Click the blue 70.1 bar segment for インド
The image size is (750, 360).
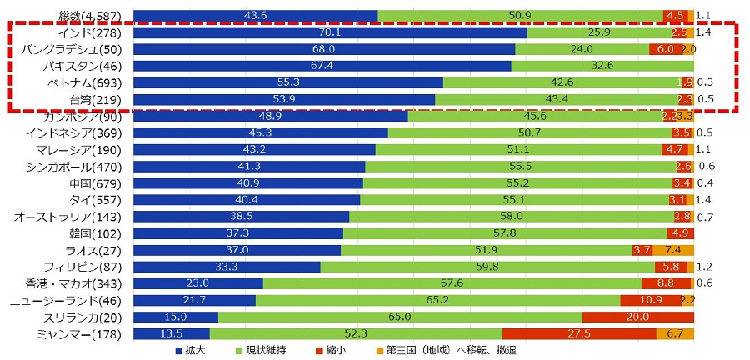(x=330, y=32)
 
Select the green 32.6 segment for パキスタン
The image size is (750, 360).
(x=602, y=66)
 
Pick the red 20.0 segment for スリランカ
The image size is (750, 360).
(x=637, y=317)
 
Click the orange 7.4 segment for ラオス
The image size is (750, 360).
(x=673, y=250)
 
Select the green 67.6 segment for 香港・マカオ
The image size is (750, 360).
(x=452, y=283)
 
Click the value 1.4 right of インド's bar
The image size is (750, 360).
(x=702, y=32)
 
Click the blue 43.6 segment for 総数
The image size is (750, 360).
(x=255, y=16)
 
